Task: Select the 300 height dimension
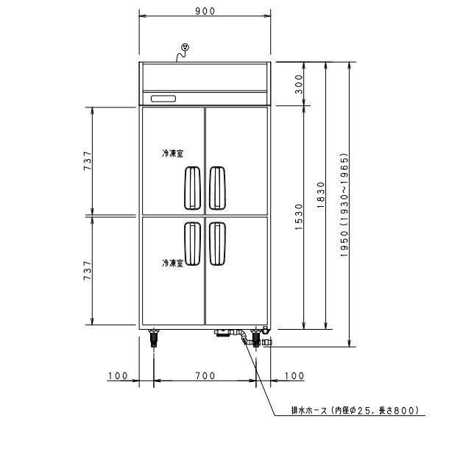click(x=299, y=85)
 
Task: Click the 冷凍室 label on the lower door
click(x=172, y=262)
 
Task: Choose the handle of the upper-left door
click(x=191, y=187)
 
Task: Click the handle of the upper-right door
click(x=218, y=187)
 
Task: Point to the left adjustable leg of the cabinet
click(x=154, y=339)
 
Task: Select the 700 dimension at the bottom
click(x=205, y=376)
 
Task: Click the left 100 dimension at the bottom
click(x=118, y=376)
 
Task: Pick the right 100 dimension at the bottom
click(x=292, y=376)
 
